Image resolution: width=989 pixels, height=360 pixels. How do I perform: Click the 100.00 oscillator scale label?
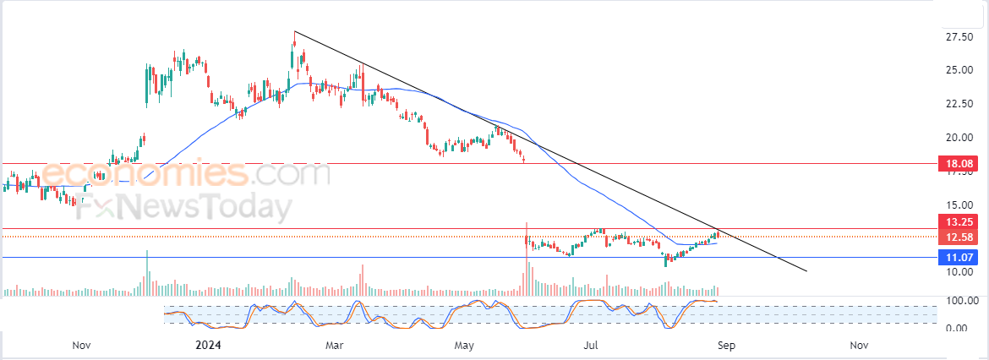click(962, 301)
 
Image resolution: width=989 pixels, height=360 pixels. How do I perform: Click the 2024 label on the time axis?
click(208, 345)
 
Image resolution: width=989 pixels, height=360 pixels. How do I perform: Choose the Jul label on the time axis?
click(592, 345)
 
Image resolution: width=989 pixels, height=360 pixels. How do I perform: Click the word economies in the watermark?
click(144, 175)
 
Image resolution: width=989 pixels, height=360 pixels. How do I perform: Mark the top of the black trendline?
click(294, 31)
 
